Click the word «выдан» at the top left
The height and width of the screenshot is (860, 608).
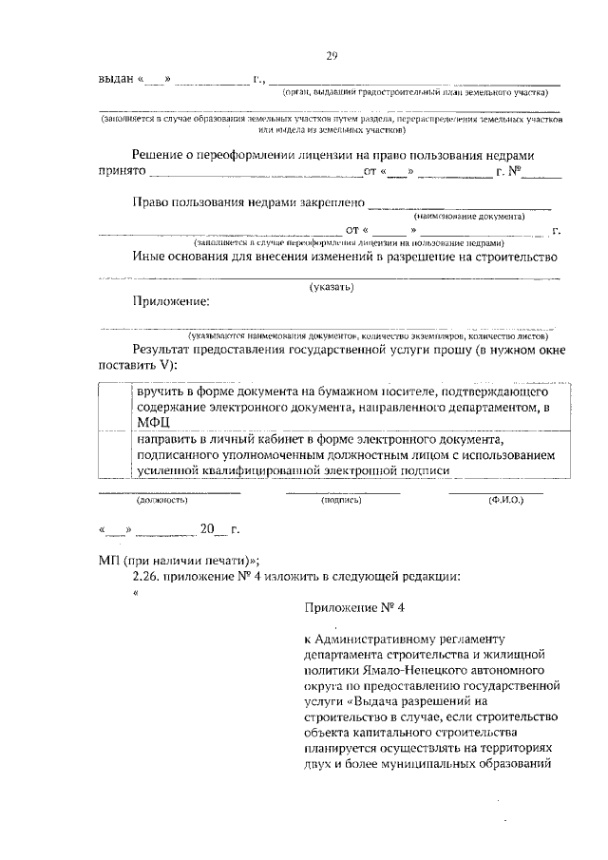tap(117, 78)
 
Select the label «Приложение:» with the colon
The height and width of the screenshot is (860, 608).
tap(171, 301)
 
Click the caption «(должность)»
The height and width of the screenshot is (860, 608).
tap(162, 499)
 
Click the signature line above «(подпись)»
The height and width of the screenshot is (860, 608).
tap(343, 492)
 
